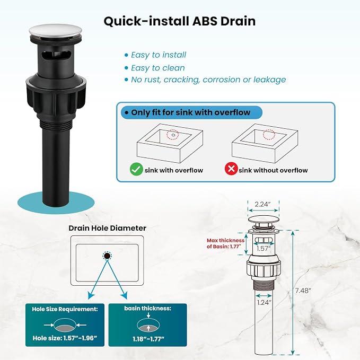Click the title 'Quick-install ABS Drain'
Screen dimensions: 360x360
(x=180, y=21)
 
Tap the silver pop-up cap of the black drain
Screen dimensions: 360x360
(x=56, y=31)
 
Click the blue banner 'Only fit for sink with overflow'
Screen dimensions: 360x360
(x=191, y=112)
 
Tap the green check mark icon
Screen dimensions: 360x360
(x=136, y=169)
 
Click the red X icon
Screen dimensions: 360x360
(x=231, y=169)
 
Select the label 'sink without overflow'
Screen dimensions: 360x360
(x=273, y=170)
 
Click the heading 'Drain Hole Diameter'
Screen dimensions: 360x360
(x=108, y=228)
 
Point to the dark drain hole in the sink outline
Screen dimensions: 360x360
(x=107, y=256)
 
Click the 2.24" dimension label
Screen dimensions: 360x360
(x=262, y=204)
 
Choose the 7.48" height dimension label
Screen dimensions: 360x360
(x=303, y=291)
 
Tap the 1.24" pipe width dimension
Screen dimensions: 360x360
(x=264, y=302)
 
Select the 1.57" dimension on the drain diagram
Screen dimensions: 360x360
(x=264, y=249)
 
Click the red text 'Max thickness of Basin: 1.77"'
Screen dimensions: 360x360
(x=225, y=243)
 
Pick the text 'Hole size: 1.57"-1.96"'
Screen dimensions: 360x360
(x=65, y=338)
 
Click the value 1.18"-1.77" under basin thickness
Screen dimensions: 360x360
(x=148, y=339)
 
